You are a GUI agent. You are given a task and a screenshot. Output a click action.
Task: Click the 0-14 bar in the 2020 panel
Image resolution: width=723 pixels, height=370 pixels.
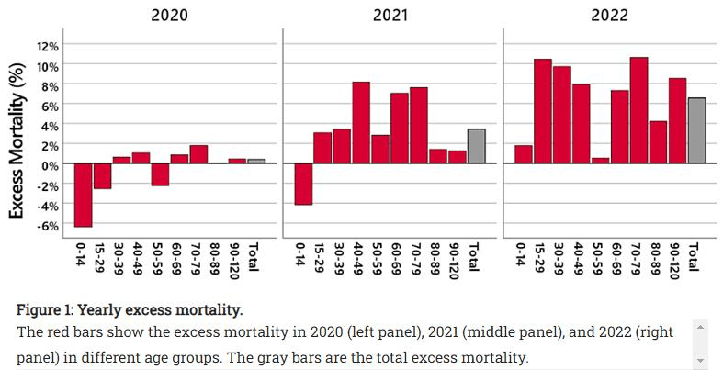84,195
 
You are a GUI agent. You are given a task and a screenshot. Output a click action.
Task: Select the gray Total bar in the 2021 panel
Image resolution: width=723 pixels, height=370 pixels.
476,146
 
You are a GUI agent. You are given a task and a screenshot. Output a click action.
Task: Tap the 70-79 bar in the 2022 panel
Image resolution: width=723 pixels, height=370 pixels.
638,110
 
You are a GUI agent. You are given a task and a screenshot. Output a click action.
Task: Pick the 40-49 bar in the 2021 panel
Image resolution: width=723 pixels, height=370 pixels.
361,122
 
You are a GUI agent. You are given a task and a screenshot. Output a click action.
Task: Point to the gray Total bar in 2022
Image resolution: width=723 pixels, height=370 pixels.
696,130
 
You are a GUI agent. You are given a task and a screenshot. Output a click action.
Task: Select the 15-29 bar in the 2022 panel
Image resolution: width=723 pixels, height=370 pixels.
543,111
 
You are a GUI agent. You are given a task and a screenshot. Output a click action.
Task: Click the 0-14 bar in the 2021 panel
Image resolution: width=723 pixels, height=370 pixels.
304,184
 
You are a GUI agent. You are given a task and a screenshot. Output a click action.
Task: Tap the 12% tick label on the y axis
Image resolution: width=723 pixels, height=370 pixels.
48,46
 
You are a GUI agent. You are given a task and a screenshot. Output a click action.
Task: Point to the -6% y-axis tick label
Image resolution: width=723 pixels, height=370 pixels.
48,226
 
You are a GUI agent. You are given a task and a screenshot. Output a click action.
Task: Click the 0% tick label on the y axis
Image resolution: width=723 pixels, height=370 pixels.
50,165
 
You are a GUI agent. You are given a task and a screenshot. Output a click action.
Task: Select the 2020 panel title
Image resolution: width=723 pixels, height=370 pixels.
169,15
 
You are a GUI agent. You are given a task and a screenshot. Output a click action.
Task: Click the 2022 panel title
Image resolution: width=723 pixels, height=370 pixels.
610,15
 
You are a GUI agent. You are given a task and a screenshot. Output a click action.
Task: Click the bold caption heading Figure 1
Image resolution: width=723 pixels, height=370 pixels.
129,309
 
